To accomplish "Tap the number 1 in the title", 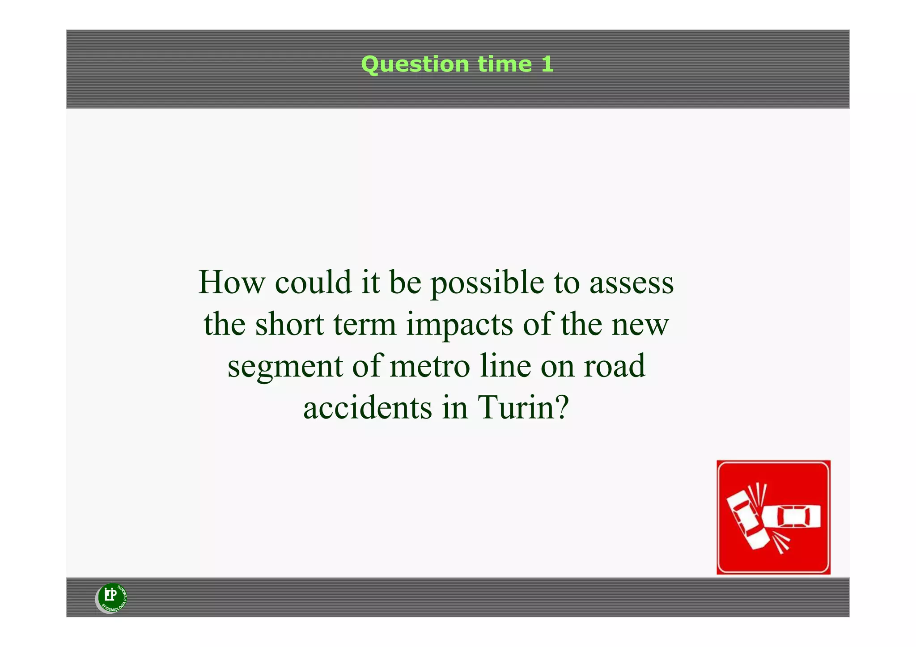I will [x=547, y=64].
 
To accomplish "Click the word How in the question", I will [x=231, y=283].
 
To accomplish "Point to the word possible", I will [x=487, y=283].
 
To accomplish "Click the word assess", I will [x=631, y=283].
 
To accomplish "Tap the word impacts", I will [x=459, y=325].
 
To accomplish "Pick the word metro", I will [x=430, y=366].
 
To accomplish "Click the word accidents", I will [x=368, y=407].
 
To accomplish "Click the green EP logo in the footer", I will [x=112, y=597].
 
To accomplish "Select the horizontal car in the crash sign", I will [x=792, y=517].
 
